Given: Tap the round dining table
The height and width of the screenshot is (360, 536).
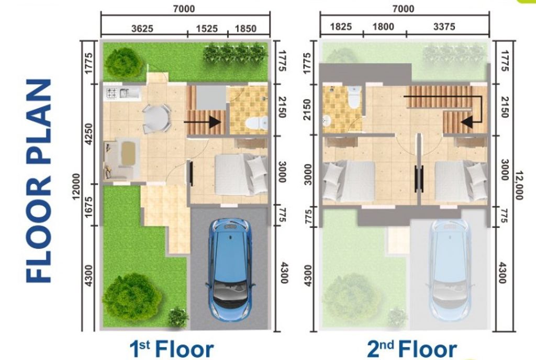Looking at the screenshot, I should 155,118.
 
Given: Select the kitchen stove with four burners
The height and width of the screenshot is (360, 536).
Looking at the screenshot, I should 112,94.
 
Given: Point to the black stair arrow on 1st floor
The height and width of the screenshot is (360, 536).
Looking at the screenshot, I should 202,122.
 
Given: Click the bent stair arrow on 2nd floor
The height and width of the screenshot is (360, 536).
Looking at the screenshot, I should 472,113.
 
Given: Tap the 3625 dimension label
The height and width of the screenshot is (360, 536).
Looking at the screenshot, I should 142,29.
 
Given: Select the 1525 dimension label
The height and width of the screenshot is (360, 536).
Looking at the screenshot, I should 207,29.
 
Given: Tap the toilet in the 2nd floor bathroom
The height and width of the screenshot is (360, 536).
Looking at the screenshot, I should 354,96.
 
